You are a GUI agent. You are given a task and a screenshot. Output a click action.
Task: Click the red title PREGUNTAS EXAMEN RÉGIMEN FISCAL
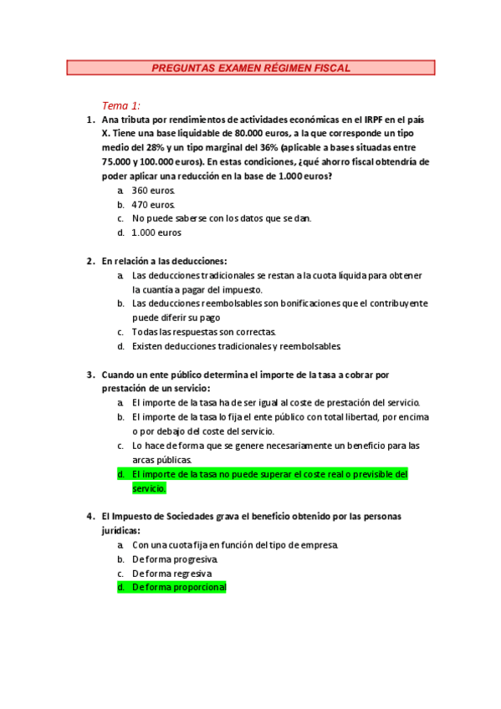point(251,68)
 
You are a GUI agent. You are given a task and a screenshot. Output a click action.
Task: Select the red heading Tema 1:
point(121,105)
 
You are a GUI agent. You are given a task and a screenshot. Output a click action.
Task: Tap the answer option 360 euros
point(154,191)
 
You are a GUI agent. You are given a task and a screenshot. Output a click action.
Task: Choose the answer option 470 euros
point(154,204)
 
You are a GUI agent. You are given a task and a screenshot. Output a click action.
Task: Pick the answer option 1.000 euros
point(156,232)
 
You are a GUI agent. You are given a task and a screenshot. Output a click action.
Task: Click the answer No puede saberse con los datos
point(222,218)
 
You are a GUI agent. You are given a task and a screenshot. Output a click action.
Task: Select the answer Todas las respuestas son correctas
point(204,332)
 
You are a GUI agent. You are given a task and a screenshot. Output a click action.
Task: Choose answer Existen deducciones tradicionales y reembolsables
point(237,346)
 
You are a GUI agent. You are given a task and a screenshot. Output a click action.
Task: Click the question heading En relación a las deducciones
point(164,261)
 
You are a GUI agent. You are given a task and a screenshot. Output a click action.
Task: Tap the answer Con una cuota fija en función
point(235,545)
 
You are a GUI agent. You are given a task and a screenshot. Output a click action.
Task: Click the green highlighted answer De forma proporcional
point(179,588)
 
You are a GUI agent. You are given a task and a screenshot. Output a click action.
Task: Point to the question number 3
point(89,375)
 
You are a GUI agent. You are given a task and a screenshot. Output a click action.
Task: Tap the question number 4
point(89,517)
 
